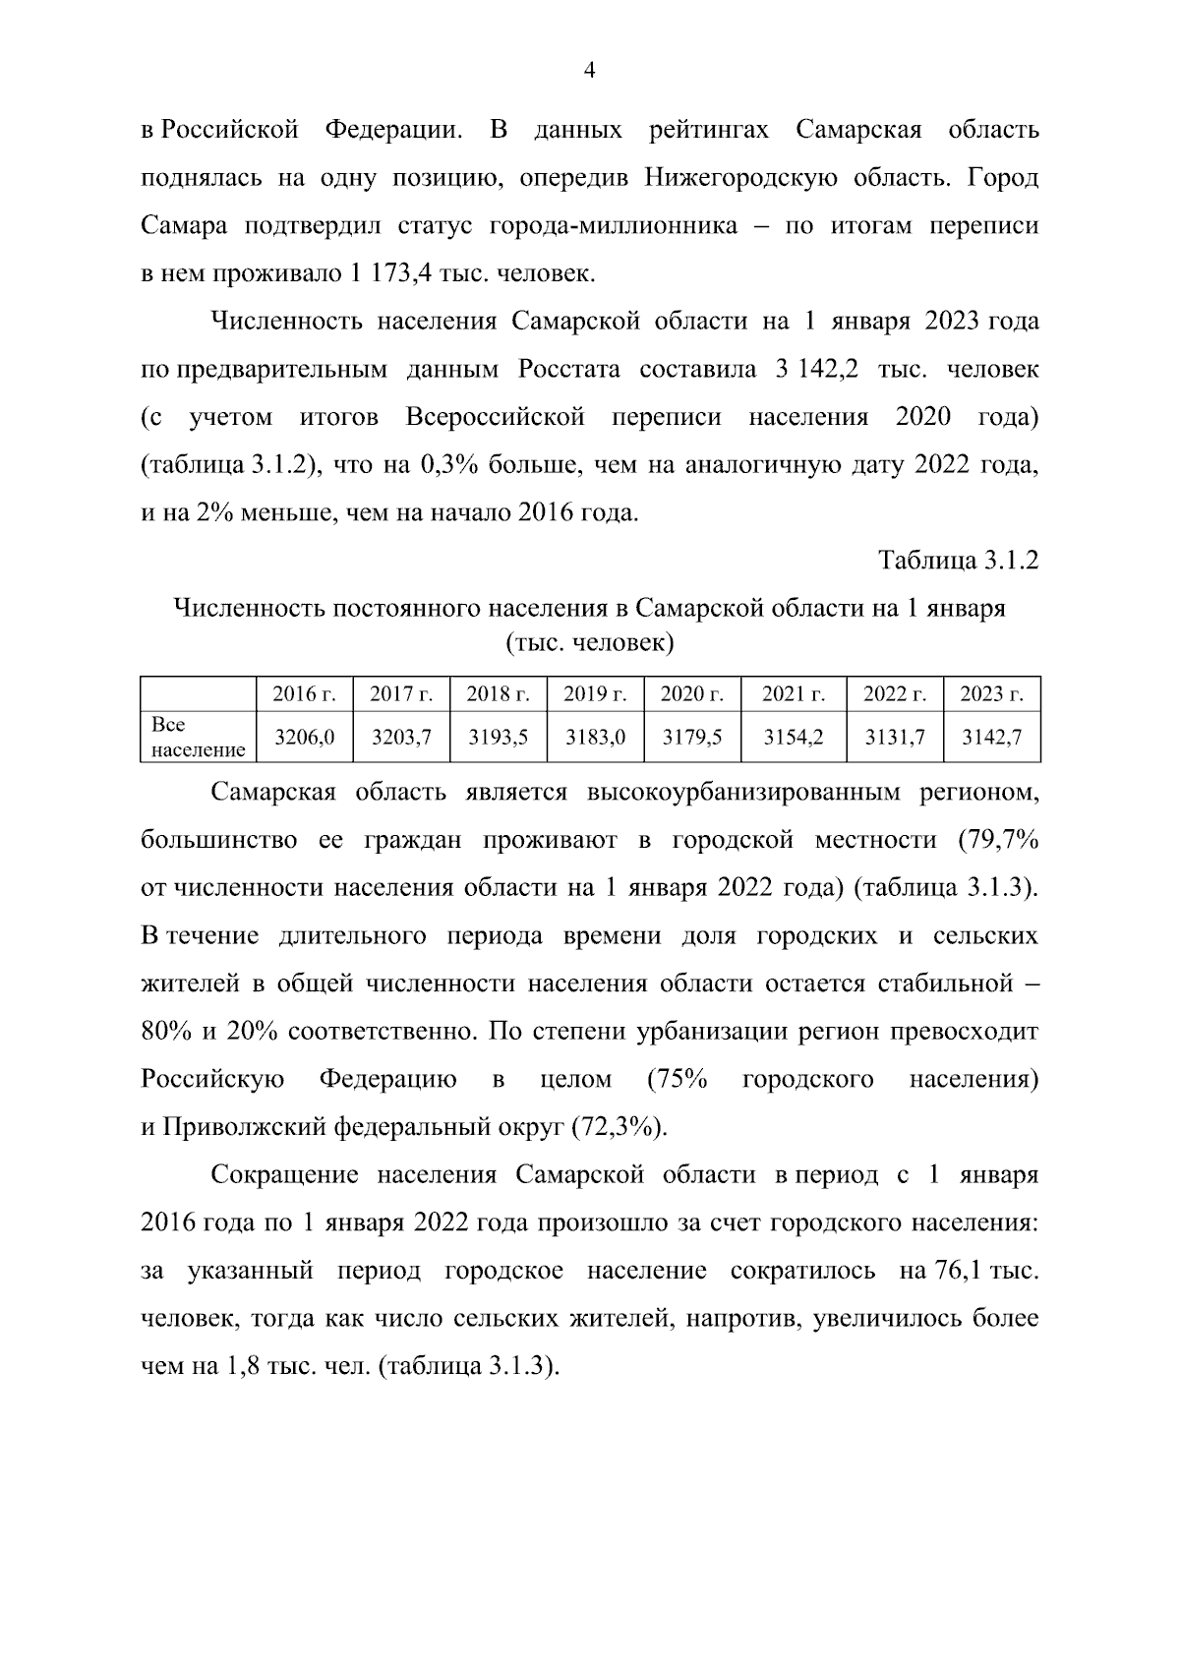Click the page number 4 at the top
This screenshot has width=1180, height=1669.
(x=590, y=70)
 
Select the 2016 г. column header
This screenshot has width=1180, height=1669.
(x=304, y=694)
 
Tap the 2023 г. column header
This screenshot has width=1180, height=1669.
(x=991, y=694)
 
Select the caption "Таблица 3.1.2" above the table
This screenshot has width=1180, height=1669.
(x=958, y=561)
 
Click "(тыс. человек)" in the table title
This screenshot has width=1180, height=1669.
(x=589, y=644)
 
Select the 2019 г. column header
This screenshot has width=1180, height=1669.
(x=595, y=694)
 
